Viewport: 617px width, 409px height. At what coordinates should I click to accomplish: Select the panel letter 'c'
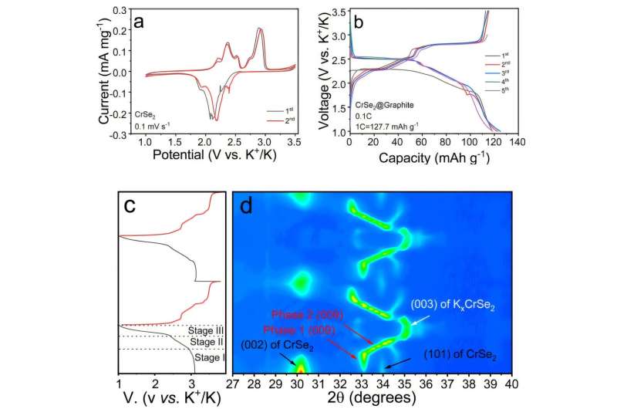[x=131, y=205]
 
